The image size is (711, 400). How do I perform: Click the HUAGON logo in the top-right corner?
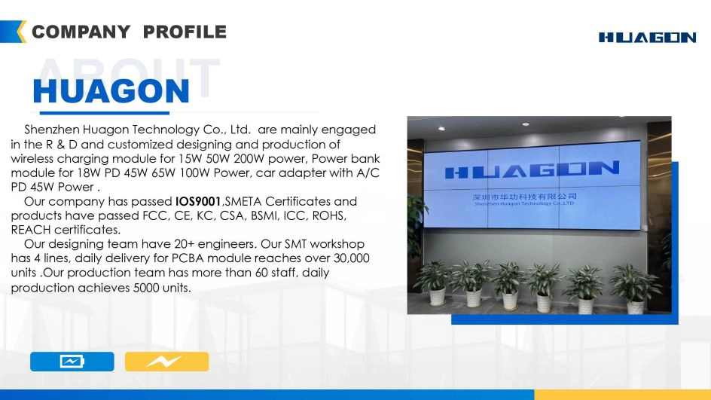[647, 38]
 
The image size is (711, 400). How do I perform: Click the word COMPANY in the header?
[81, 32]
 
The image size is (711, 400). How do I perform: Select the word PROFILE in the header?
[185, 32]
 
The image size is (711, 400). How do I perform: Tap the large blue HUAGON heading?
[111, 91]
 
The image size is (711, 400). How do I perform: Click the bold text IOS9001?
[198, 201]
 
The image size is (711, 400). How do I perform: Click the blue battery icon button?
[72, 362]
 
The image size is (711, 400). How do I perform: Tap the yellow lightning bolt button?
[167, 362]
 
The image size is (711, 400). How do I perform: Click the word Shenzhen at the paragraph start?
[52, 130]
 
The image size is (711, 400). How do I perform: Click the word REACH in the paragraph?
[31, 230]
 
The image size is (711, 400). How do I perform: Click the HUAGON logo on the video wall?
[532, 170]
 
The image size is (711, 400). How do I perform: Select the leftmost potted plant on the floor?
[435, 283]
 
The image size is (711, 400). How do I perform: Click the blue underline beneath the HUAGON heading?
[104, 112]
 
